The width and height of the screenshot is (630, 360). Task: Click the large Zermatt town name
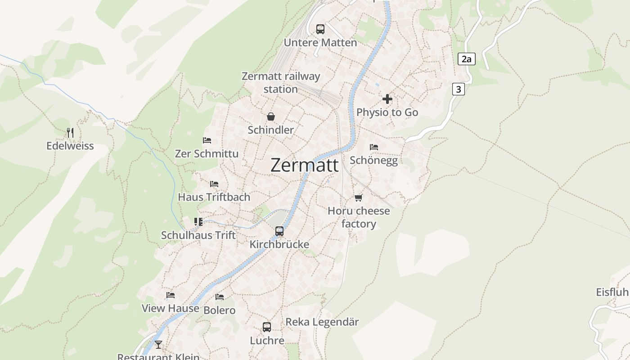(305, 165)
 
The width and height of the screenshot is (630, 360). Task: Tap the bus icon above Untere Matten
(320, 29)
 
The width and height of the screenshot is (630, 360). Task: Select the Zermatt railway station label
(281, 82)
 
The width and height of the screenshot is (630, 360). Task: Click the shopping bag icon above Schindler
(271, 117)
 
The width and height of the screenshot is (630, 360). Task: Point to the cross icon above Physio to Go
(387, 99)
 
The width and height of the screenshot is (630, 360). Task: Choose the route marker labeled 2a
(467, 59)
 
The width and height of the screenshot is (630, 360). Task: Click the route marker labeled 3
(458, 89)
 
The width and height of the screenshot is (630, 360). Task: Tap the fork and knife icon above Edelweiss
(70, 133)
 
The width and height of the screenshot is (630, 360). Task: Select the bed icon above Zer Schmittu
(207, 140)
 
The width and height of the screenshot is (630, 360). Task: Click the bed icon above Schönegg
(374, 147)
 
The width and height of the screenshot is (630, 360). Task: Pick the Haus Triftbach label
(214, 197)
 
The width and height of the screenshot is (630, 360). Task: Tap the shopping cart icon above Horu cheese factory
(359, 198)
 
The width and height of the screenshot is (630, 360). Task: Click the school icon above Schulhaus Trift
(198, 221)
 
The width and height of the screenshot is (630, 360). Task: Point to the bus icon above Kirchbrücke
(279, 231)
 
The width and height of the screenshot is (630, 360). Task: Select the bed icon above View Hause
(171, 295)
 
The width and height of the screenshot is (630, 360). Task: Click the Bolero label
(220, 310)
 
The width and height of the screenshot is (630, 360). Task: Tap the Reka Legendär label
(322, 322)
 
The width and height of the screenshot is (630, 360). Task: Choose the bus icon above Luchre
(267, 327)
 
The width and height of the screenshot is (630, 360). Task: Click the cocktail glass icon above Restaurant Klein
(158, 345)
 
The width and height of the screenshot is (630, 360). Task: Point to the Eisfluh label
(612, 292)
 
